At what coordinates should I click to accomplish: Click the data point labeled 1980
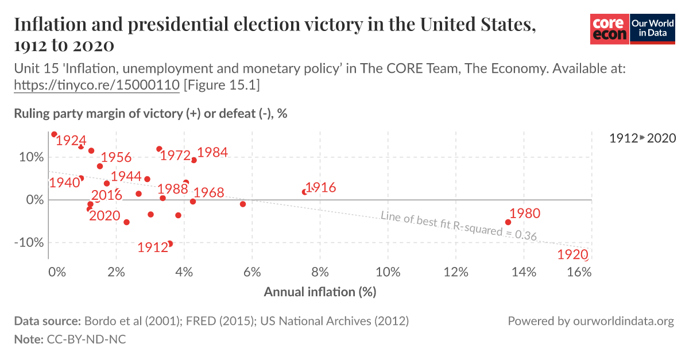508,222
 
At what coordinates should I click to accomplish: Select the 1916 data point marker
304,192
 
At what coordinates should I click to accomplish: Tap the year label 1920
573,254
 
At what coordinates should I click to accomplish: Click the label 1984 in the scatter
212,153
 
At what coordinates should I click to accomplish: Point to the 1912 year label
153,247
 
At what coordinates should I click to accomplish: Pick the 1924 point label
71,141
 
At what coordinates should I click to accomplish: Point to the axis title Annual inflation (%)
320,292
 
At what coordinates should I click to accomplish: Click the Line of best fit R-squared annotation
458,225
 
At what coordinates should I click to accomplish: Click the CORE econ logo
609,29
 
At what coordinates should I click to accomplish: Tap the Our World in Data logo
653,29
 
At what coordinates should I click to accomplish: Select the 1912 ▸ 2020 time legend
642,138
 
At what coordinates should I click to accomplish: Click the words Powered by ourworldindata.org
590,321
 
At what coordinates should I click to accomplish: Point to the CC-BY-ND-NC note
85,339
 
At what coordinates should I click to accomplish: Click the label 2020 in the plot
104,216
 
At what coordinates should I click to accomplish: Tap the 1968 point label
208,192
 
